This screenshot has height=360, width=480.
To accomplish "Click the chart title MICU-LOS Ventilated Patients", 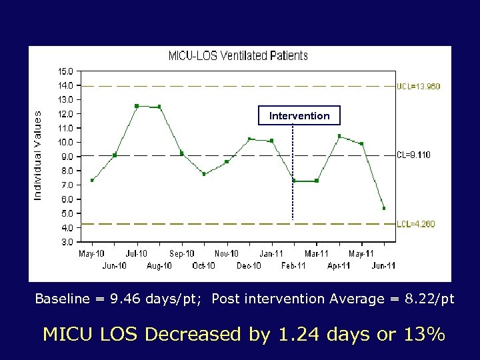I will [x=237, y=56].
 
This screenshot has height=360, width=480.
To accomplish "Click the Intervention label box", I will [x=299, y=116].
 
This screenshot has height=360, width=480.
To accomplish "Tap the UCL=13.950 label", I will [x=419, y=86].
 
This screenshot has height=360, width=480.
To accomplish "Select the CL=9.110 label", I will [x=414, y=155].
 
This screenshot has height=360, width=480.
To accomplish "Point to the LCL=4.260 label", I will [x=416, y=224].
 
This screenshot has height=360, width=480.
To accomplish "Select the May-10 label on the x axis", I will [x=91, y=254].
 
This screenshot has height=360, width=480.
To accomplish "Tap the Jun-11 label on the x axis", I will [x=383, y=266].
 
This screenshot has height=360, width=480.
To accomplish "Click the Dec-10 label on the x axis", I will [x=249, y=266].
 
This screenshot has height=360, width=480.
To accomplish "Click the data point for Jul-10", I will [x=137, y=106].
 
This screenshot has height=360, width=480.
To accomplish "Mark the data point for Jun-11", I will [x=384, y=208].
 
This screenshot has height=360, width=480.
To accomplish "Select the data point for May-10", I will [x=92, y=180].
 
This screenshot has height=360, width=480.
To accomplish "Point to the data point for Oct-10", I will [x=204, y=174].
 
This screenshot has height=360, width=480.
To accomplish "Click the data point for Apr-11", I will [x=339, y=136].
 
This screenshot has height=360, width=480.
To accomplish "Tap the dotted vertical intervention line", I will [x=293, y=173].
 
